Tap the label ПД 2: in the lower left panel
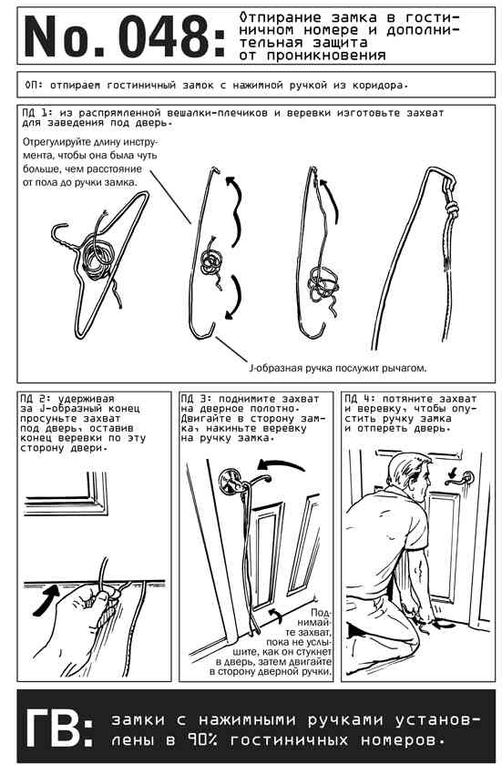35,399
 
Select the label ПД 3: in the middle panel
195,399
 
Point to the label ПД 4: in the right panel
358,399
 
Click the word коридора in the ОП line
380,86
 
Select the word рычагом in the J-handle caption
405,368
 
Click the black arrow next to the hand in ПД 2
45,599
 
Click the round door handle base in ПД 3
231,482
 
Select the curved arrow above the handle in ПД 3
281,465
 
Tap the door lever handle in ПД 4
460,478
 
